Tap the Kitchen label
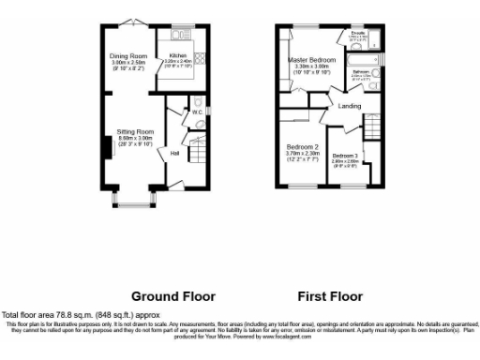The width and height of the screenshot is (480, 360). pos(178,55)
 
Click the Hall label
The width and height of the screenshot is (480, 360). pos(174,151)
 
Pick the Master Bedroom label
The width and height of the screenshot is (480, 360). pos(311,59)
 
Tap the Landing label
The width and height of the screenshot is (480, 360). pos(350,106)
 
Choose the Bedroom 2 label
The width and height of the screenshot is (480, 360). pos(303,148)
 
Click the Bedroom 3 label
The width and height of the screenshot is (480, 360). pos(345,156)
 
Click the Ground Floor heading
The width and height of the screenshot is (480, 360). pos(172,296)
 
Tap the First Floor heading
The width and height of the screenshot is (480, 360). pos(330,296)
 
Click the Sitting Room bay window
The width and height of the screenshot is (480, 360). pos(130,200)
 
